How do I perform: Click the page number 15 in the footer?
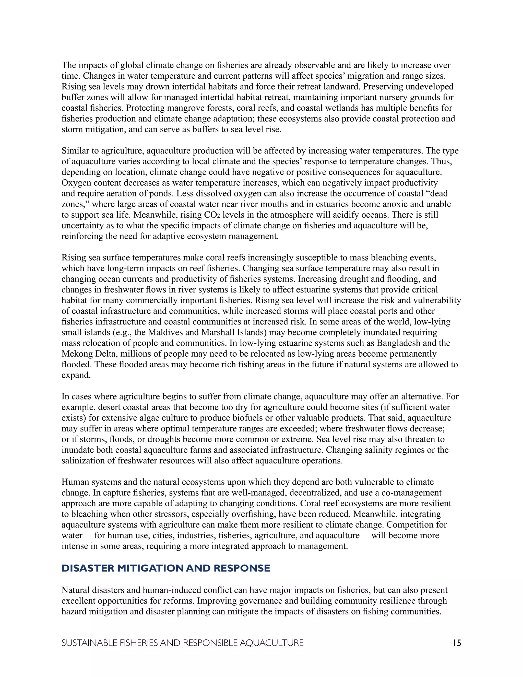tap(457, 643)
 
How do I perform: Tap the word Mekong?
tap(74, 354)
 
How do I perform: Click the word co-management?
tap(411, 493)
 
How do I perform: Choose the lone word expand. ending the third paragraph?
tap(76, 375)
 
